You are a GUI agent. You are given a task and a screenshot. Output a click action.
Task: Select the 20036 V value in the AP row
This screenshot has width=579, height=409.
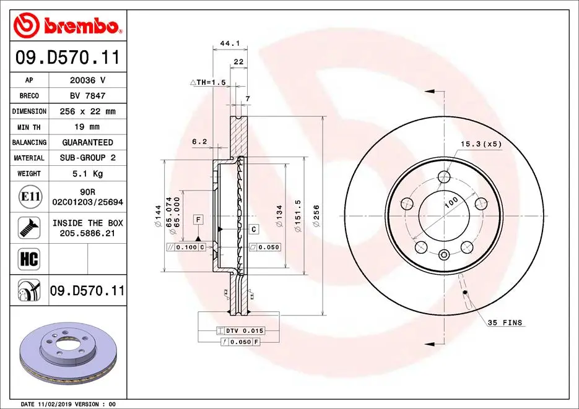(87, 80)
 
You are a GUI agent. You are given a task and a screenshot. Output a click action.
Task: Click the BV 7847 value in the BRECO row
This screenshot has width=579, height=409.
(87, 96)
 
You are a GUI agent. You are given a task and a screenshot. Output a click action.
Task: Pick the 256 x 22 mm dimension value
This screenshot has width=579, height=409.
(87, 111)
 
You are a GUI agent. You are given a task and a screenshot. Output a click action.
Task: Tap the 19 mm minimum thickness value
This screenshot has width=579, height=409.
(87, 127)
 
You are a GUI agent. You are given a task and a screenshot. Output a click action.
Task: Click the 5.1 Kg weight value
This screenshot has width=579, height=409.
(87, 174)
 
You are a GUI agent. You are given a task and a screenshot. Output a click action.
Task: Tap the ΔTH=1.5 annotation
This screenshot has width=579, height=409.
(207, 82)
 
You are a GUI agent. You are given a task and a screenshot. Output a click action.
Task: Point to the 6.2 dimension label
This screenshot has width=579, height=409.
(199, 141)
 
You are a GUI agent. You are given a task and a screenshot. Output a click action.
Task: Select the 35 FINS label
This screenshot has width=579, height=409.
(505, 323)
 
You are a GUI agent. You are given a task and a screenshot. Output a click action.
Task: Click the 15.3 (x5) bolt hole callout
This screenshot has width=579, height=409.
(480, 144)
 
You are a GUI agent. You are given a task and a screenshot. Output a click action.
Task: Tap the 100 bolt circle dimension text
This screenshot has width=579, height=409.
(450, 202)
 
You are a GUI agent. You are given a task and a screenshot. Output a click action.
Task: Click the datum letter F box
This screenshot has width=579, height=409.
(198, 220)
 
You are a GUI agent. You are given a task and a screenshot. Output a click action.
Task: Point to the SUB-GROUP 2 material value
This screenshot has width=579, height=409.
(87, 158)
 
